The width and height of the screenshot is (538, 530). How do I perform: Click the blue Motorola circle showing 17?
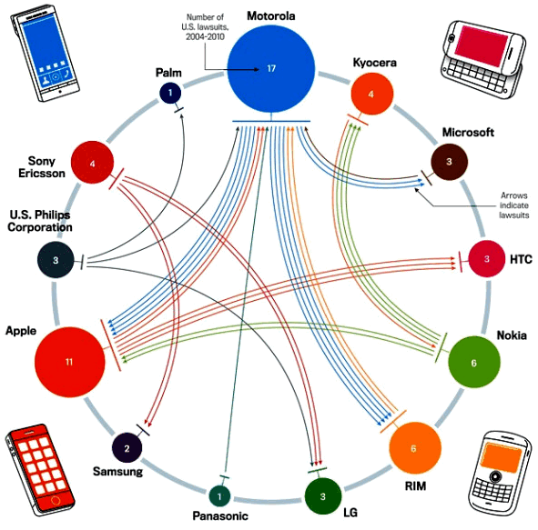pyautogui.click(x=271, y=68)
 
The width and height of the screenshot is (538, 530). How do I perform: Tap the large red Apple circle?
pyautogui.click(x=70, y=362)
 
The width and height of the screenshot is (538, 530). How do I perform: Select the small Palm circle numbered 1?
pyautogui.click(x=170, y=93)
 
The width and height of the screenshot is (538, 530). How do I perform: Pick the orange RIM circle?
pyautogui.click(x=415, y=448)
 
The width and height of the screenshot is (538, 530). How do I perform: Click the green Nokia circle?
pyautogui.click(x=474, y=362)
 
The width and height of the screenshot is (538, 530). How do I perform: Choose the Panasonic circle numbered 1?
pyautogui.click(x=219, y=495)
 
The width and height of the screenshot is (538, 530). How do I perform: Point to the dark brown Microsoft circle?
pyautogui.click(x=449, y=162)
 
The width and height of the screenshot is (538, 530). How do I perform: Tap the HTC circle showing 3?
pyautogui.click(x=486, y=259)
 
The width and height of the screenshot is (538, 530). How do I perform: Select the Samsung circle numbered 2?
pyautogui.click(x=127, y=448)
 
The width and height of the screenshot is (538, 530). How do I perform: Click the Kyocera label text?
pyautogui.click(x=375, y=63)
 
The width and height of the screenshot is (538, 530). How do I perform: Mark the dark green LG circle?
pyautogui.click(x=323, y=496)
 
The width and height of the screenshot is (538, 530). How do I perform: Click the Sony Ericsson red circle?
pyautogui.click(x=92, y=163)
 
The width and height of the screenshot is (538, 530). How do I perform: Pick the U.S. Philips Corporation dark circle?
pyautogui.click(x=56, y=260)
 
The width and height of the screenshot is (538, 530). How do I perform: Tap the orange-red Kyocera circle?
pyautogui.click(x=372, y=94)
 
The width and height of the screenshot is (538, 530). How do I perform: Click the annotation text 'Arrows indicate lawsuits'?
pyautogui.click(x=513, y=205)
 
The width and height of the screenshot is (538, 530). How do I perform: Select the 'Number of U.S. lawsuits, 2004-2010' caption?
pyautogui.click(x=205, y=26)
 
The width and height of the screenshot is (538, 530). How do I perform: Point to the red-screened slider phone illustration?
pyautogui.click(x=483, y=61)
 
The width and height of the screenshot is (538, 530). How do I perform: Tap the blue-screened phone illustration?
pyautogui.click(x=45, y=53)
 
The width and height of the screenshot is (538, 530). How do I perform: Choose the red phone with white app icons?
pyautogui.click(x=40, y=470)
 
